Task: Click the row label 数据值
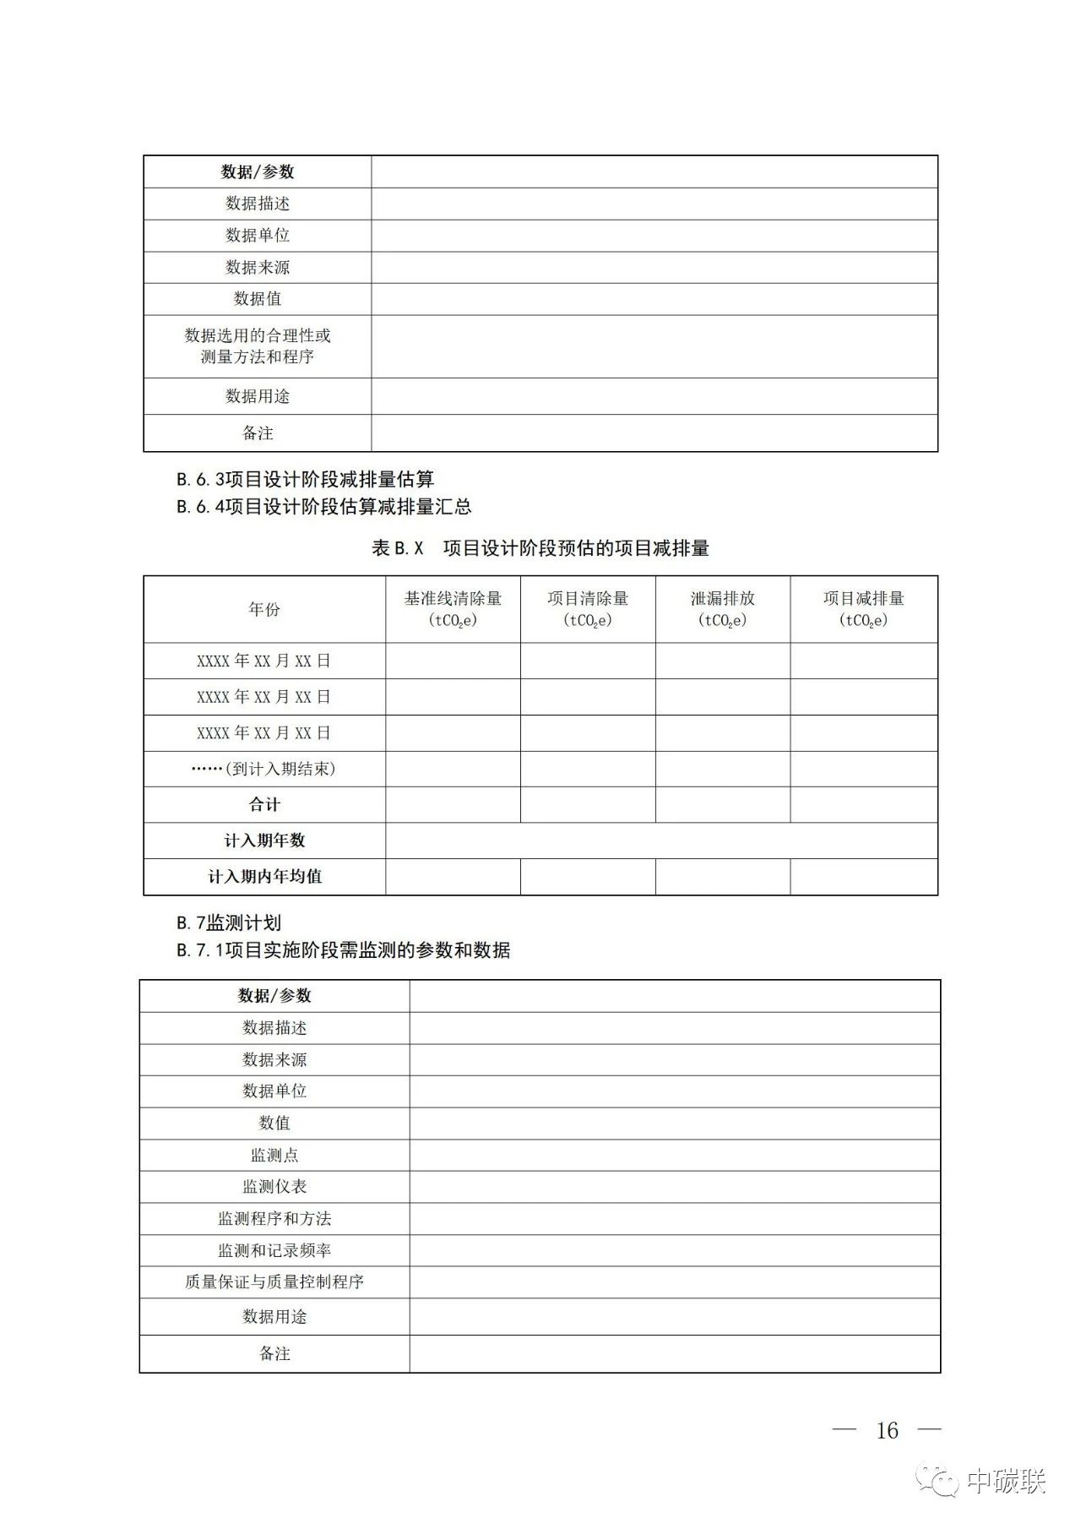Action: point(258,299)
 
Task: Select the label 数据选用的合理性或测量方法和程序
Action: point(258,346)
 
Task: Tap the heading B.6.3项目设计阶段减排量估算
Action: point(305,480)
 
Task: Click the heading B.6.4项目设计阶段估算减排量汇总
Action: point(323,507)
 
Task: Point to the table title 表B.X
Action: point(397,548)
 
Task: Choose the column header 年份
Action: point(264,609)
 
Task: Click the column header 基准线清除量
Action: point(453,599)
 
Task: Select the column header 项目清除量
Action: point(588,599)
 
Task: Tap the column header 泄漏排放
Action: point(722,599)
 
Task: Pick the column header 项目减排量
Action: point(863,599)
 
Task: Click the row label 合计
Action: point(264,805)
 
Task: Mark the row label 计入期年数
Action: point(264,841)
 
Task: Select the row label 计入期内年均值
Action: point(264,877)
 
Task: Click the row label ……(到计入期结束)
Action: point(264,769)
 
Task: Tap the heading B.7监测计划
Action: point(229,923)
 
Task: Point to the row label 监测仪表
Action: point(274,1187)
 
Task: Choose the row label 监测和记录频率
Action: point(274,1250)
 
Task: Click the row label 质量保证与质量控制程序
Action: point(274,1282)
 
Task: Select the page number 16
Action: point(887,1430)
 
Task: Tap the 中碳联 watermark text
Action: point(1006,1482)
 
